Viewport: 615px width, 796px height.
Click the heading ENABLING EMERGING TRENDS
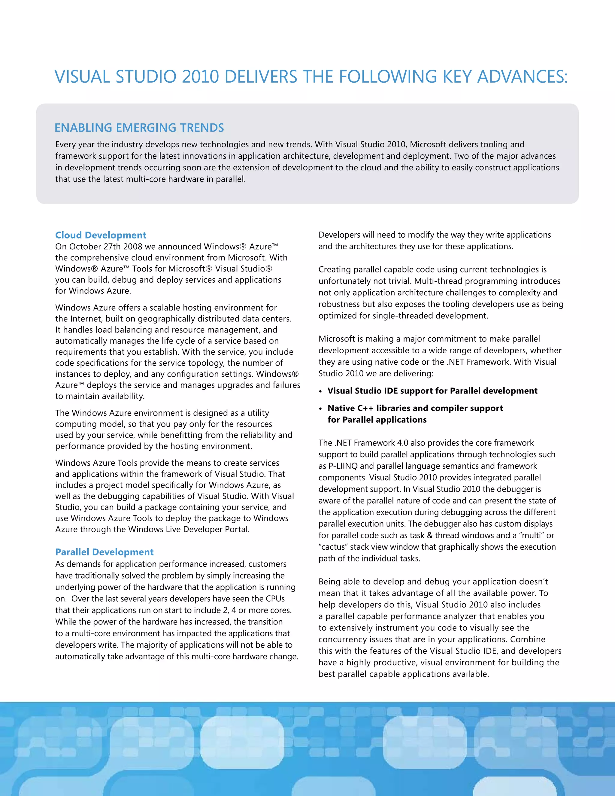coord(139,128)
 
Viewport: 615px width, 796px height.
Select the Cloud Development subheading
coord(101,235)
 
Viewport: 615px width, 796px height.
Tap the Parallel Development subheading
coord(104,552)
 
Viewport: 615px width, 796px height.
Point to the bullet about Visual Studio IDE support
coord(432,391)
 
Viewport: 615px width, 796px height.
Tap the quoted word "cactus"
coord(333,547)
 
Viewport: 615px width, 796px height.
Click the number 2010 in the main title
coord(200,77)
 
